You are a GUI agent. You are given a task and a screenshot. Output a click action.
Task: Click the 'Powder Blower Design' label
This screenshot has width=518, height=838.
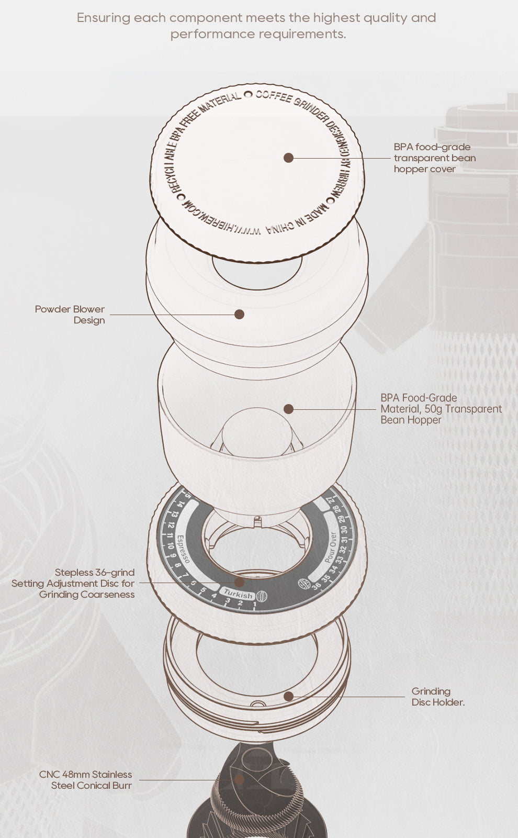click(x=70, y=315)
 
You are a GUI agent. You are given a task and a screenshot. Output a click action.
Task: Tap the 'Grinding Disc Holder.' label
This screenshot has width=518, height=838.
click(x=438, y=697)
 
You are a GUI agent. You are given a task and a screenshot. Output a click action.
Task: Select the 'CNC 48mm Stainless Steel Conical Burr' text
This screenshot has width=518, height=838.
click(x=86, y=780)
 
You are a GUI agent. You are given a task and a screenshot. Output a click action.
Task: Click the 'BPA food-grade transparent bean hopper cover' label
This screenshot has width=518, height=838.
click(x=435, y=158)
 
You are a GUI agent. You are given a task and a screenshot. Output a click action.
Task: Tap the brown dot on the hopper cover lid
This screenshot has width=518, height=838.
click(x=288, y=158)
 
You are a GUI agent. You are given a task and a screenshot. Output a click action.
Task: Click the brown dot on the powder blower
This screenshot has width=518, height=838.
click(x=239, y=314)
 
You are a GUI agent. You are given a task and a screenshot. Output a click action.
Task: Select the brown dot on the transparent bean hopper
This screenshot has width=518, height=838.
click(x=288, y=409)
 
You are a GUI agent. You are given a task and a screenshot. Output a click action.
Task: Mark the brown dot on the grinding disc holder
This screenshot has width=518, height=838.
click(x=288, y=696)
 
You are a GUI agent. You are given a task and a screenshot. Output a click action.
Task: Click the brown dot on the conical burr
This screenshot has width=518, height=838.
click(x=239, y=780)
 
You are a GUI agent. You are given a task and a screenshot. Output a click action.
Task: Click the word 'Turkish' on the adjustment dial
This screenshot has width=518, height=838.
click(x=238, y=594)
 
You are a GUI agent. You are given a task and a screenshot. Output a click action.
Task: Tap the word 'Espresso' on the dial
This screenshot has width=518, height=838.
click(x=183, y=549)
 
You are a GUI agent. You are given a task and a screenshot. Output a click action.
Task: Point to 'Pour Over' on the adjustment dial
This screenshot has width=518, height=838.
click(x=331, y=547)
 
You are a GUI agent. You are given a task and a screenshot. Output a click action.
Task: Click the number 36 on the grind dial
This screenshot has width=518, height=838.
click(x=317, y=586)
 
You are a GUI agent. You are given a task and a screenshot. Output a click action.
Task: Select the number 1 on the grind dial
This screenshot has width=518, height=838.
click(x=255, y=604)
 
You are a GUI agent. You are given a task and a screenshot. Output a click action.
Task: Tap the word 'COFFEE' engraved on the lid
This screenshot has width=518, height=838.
click(x=274, y=97)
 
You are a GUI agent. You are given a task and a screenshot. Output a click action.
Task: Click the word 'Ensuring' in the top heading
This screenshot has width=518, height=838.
click(x=104, y=18)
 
